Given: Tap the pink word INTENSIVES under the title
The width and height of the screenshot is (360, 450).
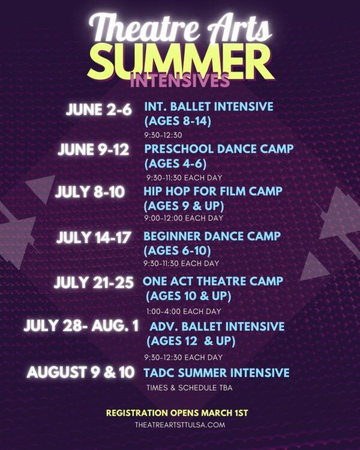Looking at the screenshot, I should pos(179,80).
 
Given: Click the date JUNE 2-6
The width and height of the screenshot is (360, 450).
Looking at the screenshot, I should pos(98,110).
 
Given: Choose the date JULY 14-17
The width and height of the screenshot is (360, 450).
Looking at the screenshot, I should pos(94,237).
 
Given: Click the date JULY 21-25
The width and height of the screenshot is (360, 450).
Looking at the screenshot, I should pos(94,283).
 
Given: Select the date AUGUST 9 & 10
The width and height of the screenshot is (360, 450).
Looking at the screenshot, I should pos(81,372).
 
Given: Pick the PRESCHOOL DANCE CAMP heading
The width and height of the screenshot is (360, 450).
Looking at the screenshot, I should pos(219,148).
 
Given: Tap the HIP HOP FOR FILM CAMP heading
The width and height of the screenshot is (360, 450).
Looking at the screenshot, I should pos(212,191).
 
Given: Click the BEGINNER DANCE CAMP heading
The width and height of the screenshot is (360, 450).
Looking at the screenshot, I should pos(212,236).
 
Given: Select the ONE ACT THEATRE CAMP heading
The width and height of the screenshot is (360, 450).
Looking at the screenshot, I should pos(213,281).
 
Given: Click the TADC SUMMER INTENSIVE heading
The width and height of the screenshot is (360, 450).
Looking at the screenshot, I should pos(217,373).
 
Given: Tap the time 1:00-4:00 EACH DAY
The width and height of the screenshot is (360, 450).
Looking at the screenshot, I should pos(184,311).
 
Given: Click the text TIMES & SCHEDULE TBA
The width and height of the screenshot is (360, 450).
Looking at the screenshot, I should pos(189,388).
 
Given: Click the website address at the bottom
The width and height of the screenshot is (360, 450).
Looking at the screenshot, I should pos(180,424).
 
